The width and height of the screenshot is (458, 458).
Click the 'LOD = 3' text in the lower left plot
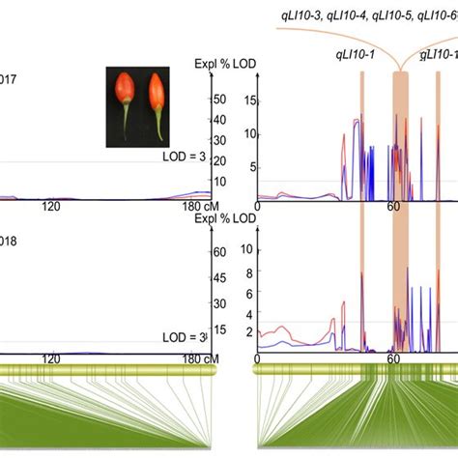coord(185,336)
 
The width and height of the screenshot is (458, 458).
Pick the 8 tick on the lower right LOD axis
coord(249,271)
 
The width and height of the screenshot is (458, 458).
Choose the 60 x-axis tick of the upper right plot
coord(393,207)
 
